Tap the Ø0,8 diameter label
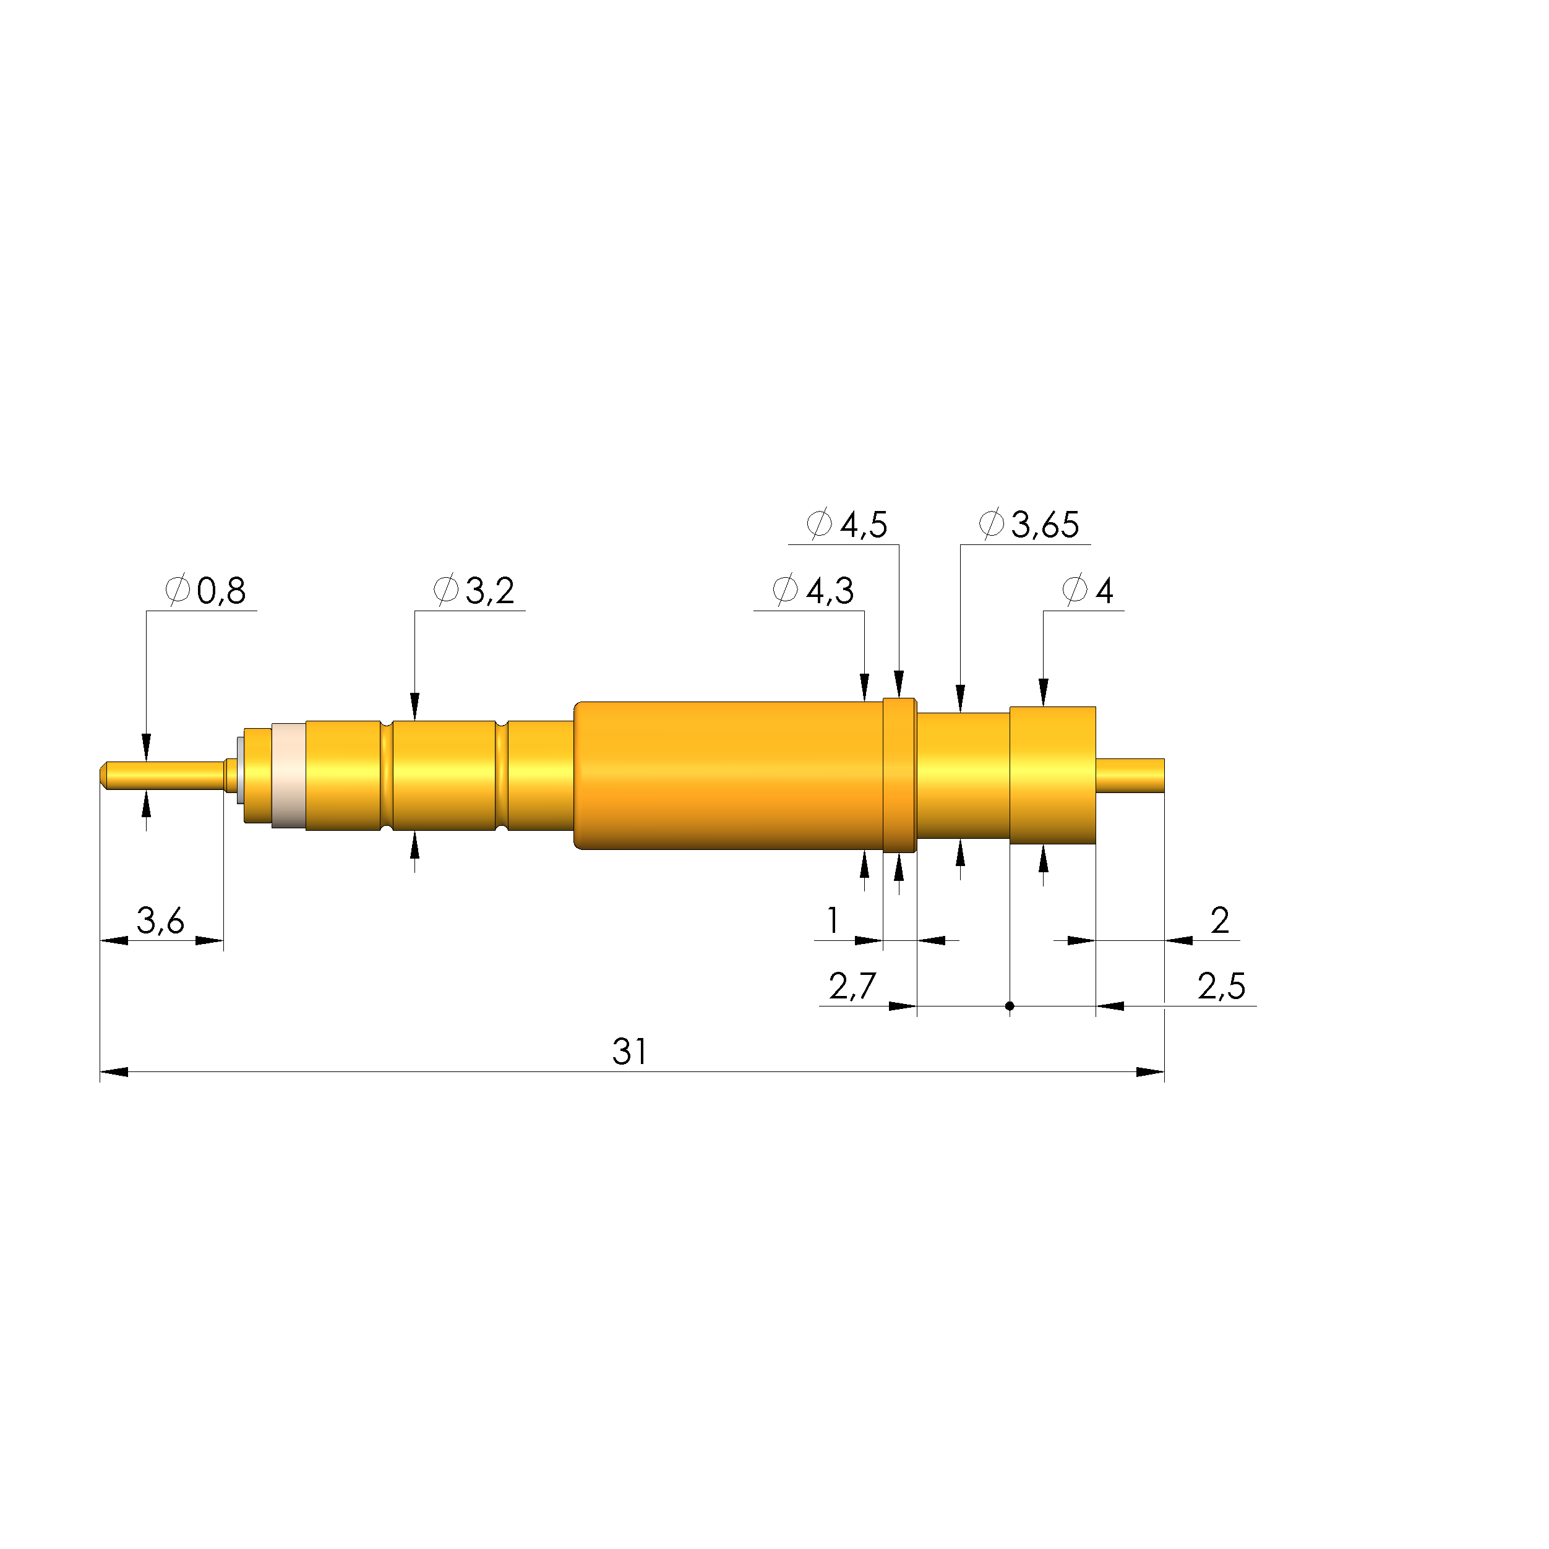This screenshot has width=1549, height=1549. (x=205, y=591)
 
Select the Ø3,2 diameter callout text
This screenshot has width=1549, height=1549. (x=474, y=591)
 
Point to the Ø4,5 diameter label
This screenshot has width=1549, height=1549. (x=847, y=525)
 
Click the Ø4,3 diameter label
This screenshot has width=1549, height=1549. (x=813, y=591)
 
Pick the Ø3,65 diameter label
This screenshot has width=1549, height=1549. (x=1029, y=525)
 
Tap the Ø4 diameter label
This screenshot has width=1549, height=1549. (x=1088, y=591)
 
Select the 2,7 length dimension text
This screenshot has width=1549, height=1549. (x=853, y=986)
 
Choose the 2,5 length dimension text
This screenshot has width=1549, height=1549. (x=1222, y=986)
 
